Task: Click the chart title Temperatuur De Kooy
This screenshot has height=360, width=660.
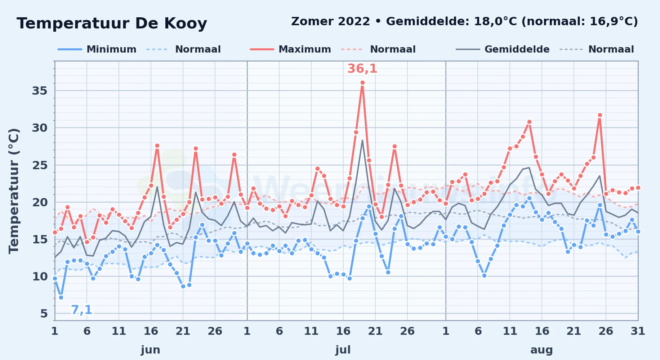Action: pyautogui.click(x=112, y=24)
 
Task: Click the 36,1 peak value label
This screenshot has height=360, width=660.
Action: pyautogui.click(x=362, y=68)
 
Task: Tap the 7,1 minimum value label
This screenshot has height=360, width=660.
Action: pyautogui.click(x=81, y=310)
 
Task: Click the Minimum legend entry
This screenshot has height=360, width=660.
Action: pyautogui.click(x=97, y=49)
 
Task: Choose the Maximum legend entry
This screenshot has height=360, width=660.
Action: pyautogui.click(x=290, y=49)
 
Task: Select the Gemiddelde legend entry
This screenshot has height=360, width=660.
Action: pyautogui.click(x=503, y=49)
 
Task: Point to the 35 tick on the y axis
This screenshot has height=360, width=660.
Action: pyautogui.click(x=40, y=91)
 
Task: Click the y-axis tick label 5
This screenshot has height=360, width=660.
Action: pyautogui.click(x=44, y=314)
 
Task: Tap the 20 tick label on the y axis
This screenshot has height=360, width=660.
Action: pyautogui.click(x=40, y=202)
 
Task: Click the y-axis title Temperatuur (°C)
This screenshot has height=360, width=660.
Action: pyautogui.click(x=14, y=191)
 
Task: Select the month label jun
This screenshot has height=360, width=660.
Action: pyautogui.click(x=151, y=350)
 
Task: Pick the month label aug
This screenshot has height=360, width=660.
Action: pyautogui.click(x=541, y=350)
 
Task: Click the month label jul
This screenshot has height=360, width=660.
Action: pyautogui.click(x=343, y=350)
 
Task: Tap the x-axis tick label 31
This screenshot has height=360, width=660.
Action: pyautogui.click(x=638, y=331)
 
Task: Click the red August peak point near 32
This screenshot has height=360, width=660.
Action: pyautogui.click(x=600, y=115)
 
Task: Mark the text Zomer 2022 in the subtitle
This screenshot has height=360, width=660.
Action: pyautogui.click(x=330, y=21)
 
